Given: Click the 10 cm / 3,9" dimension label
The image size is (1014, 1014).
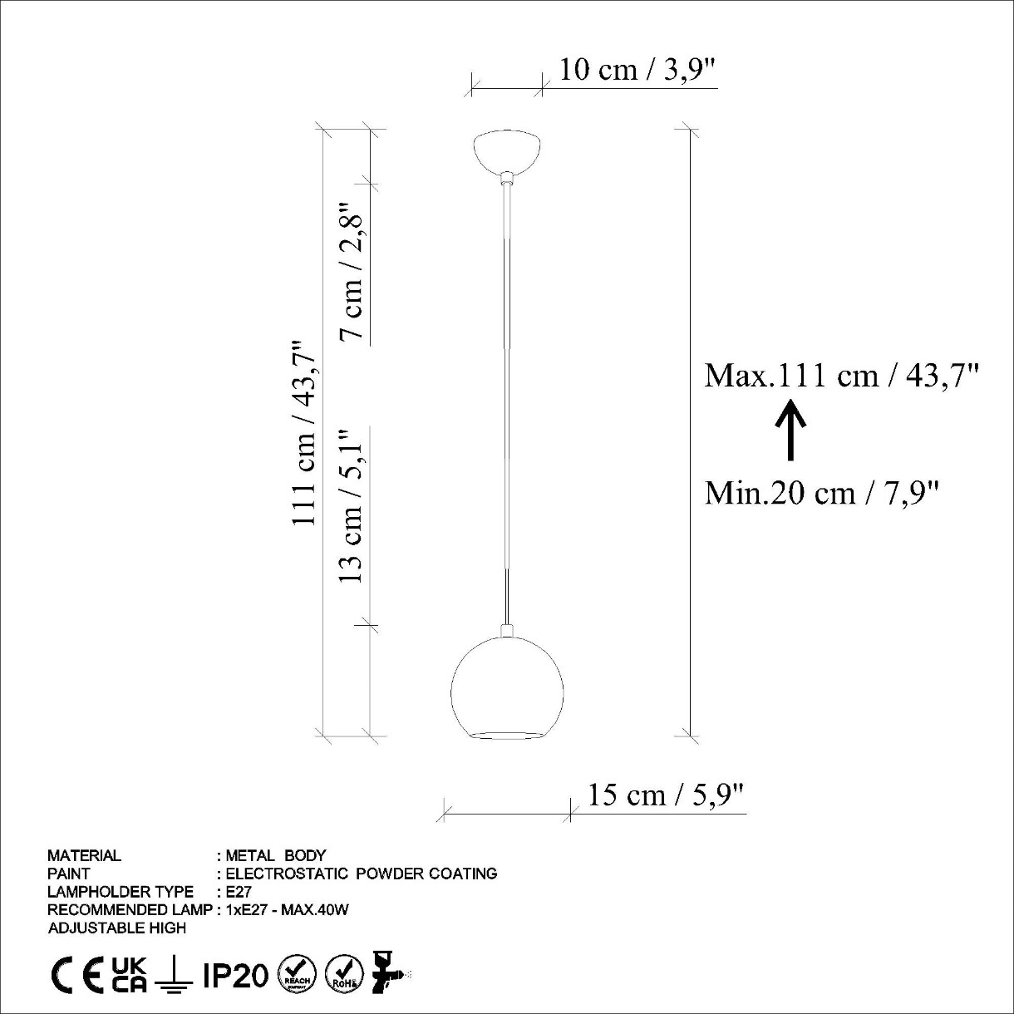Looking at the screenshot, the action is pyautogui.click(x=637, y=70).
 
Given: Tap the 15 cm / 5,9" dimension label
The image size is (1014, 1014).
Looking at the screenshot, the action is pyautogui.click(x=667, y=795).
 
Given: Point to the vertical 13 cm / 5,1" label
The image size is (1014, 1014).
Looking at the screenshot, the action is pyautogui.click(x=351, y=505).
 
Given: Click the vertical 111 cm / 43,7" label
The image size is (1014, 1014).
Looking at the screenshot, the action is pyautogui.click(x=303, y=432).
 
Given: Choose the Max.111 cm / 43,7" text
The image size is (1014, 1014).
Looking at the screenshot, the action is pyautogui.click(x=841, y=377).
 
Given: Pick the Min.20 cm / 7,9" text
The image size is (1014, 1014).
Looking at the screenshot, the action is pyautogui.click(x=822, y=493).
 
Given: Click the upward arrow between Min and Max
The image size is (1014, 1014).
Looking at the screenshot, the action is pyautogui.click(x=790, y=430).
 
